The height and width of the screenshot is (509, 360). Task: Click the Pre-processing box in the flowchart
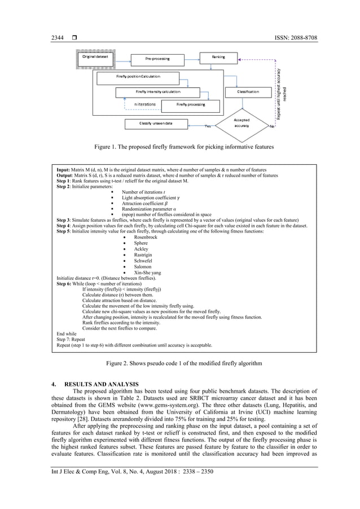click(x=157, y=58)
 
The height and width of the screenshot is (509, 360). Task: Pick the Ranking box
click(x=218, y=57)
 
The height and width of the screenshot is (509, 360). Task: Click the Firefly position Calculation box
click(x=138, y=76)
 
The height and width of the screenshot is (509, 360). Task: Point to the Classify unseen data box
click(x=156, y=122)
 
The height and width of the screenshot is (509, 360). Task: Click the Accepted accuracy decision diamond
click(x=242, y=123)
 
